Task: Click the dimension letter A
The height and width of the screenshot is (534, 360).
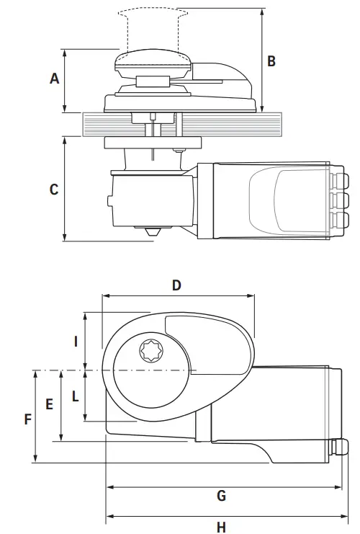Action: pyautogui.click(x=54, y=79)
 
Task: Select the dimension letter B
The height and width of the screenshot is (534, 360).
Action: pyautogui.click(x=271, y=61)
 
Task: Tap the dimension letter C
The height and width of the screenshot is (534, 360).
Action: pyautogui.click(x=54, y=190)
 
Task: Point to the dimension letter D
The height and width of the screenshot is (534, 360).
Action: pyautogui.click(x=176, y=285)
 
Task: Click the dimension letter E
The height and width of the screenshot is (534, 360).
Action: pyautogui.click(x=49, y=405)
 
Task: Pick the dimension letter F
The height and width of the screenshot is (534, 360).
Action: pyautogui.click(x=28, y=419)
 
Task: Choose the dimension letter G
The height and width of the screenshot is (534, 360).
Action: pyautogui.click(x=221, y=496)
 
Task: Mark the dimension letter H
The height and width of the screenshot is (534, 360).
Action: pyautogui.click(x=221, y=527)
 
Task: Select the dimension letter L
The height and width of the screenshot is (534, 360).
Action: pyautogui.click(x=75, y=395)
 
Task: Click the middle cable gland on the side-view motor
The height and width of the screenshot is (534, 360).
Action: pyautogui.click(x=338, y=198)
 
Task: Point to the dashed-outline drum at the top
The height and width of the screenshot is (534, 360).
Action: pyautogui.click(x=150, y=29)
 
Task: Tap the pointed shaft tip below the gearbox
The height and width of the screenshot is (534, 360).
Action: pyautogui.click(x=152, y=233)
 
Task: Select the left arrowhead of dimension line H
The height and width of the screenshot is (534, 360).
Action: pyautogui.click(x=108, y=516)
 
